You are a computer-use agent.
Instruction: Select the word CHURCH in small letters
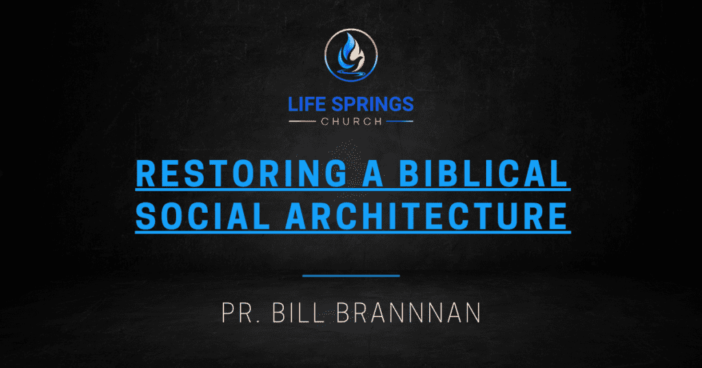point(350,122)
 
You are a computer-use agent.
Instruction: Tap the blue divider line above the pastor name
point(350,276)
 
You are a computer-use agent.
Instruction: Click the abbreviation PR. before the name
point(239,312)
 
